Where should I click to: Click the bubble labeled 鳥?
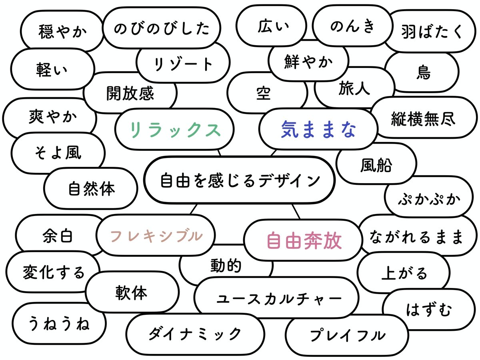click(423, 73)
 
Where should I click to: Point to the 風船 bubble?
click(376, 164)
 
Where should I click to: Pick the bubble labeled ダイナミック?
click(195, 334)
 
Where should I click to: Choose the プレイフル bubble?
click(347, 335)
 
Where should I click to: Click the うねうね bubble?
click(59, 323)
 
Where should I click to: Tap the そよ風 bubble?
click(58, 153)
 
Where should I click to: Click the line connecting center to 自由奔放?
click(296, 211)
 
